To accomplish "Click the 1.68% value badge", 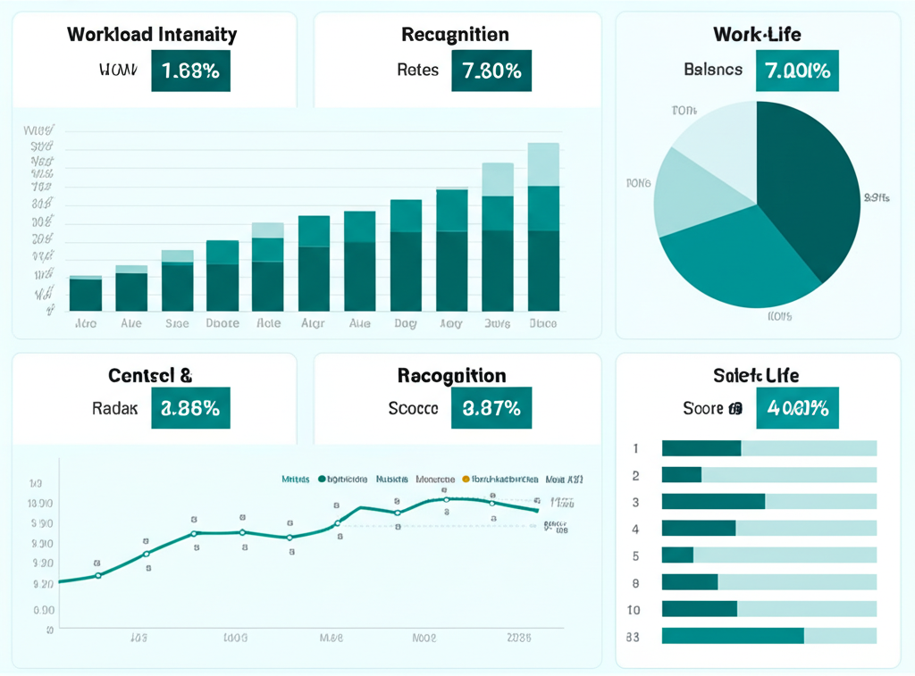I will point(190,71).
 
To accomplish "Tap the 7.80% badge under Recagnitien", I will point(491,71).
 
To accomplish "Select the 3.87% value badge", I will point(491,408).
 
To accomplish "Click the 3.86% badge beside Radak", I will point(190,408).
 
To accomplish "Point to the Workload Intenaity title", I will point(152,35).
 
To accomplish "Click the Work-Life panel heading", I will point(757,35).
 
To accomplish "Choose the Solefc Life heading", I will point(757,376).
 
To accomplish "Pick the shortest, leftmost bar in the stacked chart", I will point(86,294).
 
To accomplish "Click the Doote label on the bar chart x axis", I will point(222,323).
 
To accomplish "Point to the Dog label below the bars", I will point(406,323).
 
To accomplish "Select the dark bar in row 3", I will point(713,502).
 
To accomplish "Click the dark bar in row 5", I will point(677,555).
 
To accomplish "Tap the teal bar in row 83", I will point(733,636).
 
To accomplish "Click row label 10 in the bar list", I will point(634,610).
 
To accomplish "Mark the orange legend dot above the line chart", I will point(465,480).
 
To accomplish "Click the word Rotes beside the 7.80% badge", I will point(417,70).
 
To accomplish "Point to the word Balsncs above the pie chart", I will point(713,70).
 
